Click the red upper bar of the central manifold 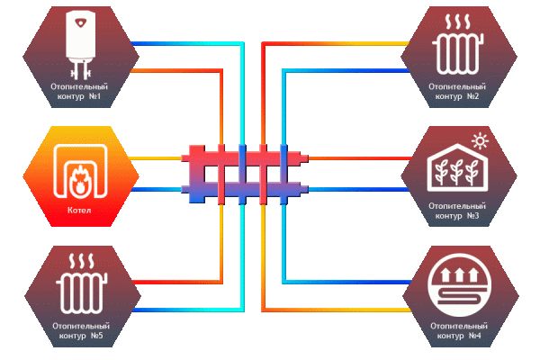244,157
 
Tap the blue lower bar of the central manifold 244,188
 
